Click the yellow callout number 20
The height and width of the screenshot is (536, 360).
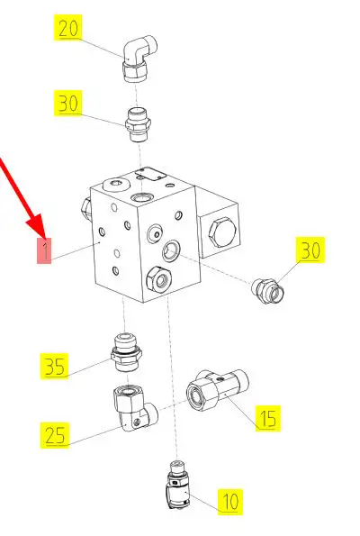point(68,28)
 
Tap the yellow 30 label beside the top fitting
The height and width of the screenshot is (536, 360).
point(68,103)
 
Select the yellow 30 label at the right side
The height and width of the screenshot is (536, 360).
point(310,250)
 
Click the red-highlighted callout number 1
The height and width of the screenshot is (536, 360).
point(44,251)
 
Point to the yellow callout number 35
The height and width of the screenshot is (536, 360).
point(54,367)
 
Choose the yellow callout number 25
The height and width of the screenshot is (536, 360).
point(55,435)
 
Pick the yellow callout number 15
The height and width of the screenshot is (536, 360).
point(268,418)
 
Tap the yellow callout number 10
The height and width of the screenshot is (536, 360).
point(230,502)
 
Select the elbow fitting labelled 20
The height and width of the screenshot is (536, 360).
point(139,59)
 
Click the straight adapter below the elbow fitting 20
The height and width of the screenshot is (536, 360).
point(139,125)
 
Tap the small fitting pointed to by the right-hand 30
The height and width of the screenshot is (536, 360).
point(268,291)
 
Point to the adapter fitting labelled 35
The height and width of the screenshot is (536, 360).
point(126,353)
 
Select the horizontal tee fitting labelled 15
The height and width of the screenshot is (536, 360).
point(217,390)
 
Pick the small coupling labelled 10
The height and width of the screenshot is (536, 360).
point(177,485)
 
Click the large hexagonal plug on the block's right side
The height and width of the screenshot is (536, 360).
point(222,232)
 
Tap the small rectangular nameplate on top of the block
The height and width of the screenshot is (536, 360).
point(150,174)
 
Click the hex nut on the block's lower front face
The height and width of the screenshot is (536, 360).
point(158,279)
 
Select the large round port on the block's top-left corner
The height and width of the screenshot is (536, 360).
point(116,185)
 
